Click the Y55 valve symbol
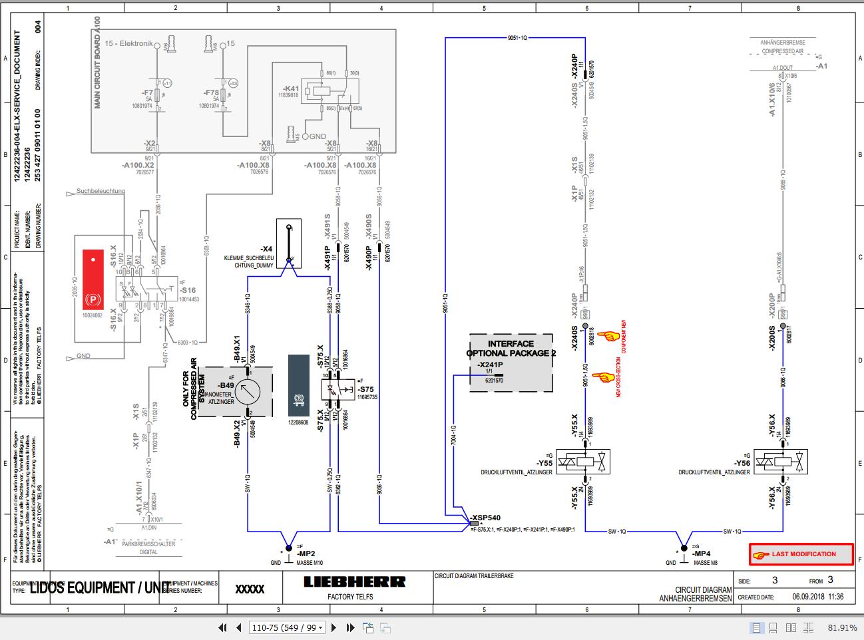click(x=583, y=460)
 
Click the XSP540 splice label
click(x=485, y=517)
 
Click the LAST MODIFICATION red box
click(x=801, y=554)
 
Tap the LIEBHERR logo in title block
click(x=354, y=582)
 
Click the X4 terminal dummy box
click(x=288, y=243)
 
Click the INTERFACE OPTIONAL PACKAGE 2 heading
click(x=511, y=349)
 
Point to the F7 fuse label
click(x=148, y=93)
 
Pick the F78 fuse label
click(x=211, y=93)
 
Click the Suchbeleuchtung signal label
click(x=101, y=191)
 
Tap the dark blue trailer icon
click(x=298, y=386)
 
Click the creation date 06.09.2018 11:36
click(x=817, y=597)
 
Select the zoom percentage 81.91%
click(x=842, y=627)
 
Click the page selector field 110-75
click(x=286, y=627)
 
